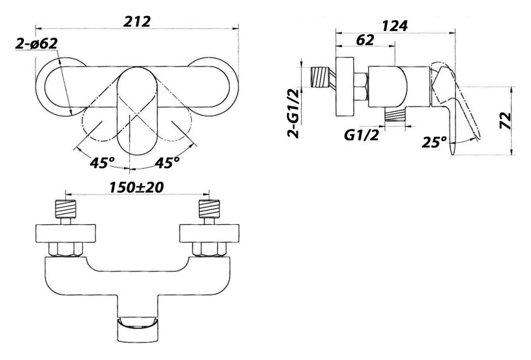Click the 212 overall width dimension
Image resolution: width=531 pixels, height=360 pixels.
tap(137, 21)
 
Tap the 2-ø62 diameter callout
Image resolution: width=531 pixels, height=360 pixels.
tap(37, 44)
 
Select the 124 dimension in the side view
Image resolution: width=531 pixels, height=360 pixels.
tap(395, 26)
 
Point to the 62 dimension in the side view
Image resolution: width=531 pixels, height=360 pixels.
tap(366, 40)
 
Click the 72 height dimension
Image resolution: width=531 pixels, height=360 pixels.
tap(505, 121)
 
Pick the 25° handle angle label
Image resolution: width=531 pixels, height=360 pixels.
tap(434, 142)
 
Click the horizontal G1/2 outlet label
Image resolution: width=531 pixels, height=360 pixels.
tap(361, 136)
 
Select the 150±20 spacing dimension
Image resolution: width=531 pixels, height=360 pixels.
tap(136, 187)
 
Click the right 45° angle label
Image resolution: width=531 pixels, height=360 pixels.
tap(167, 163)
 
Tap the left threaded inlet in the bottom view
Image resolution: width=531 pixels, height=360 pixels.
tap(66, 209)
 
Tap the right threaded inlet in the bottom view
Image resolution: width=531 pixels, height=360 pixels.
tap(209, 209)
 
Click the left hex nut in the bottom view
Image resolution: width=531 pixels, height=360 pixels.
tap(66, 249)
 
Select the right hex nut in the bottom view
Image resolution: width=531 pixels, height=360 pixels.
tap(209, 249)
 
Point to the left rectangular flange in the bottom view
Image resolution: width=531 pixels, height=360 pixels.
tap(66, 233)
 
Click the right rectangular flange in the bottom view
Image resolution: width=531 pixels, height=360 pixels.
tap(209, 233)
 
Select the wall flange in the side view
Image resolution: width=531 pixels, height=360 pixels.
tap(345, 87)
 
